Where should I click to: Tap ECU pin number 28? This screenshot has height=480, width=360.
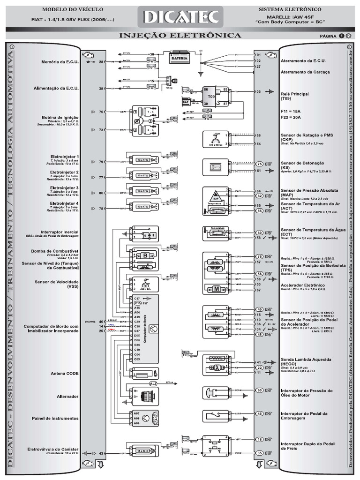[101, 61]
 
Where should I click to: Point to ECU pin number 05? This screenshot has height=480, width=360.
[258, 92]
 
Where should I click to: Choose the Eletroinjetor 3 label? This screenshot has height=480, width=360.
[65, 188]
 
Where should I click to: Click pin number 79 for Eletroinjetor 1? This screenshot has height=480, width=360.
[101, 162]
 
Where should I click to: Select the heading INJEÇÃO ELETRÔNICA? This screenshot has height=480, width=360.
[180, 36]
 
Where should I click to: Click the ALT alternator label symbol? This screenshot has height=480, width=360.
[154, 383]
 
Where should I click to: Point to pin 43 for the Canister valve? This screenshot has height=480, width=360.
[101, 453]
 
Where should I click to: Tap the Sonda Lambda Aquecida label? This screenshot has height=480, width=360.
[305, 360]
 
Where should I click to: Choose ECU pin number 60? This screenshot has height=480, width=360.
[259, 390]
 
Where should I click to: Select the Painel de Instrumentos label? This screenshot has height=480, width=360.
[55, 418]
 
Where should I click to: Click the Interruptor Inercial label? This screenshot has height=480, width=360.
[60, 232]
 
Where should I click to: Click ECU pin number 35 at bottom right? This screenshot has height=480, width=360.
[259, 453]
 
